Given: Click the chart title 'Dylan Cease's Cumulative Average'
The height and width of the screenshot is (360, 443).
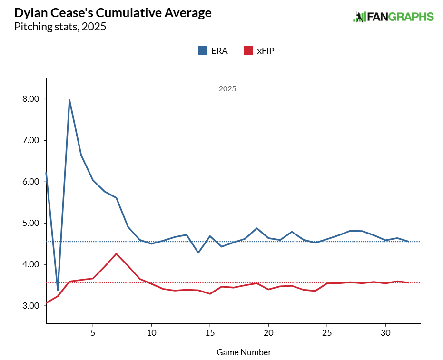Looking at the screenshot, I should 113,13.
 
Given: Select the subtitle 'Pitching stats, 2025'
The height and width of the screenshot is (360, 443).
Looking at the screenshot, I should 60,27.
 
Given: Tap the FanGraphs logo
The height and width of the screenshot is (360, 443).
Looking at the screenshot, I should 393,17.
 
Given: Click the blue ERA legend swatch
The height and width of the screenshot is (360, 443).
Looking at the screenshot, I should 202,50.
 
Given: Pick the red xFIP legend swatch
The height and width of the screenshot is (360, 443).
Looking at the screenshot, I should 247,50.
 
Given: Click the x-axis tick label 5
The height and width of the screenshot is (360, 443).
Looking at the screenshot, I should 93,332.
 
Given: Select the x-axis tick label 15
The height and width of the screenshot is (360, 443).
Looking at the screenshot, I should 210,332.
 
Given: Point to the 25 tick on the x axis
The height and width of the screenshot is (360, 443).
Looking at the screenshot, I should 327,332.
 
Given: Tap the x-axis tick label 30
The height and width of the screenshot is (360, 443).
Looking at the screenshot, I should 385,332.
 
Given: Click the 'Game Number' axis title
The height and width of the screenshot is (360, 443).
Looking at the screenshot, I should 244,352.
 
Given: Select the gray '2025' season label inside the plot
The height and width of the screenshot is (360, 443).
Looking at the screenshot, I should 227,89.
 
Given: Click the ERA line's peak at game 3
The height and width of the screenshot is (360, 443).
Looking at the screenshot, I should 69,100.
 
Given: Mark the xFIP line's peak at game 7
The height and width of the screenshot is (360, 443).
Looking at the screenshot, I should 116,253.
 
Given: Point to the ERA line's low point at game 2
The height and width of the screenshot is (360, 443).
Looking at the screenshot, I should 58,290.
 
